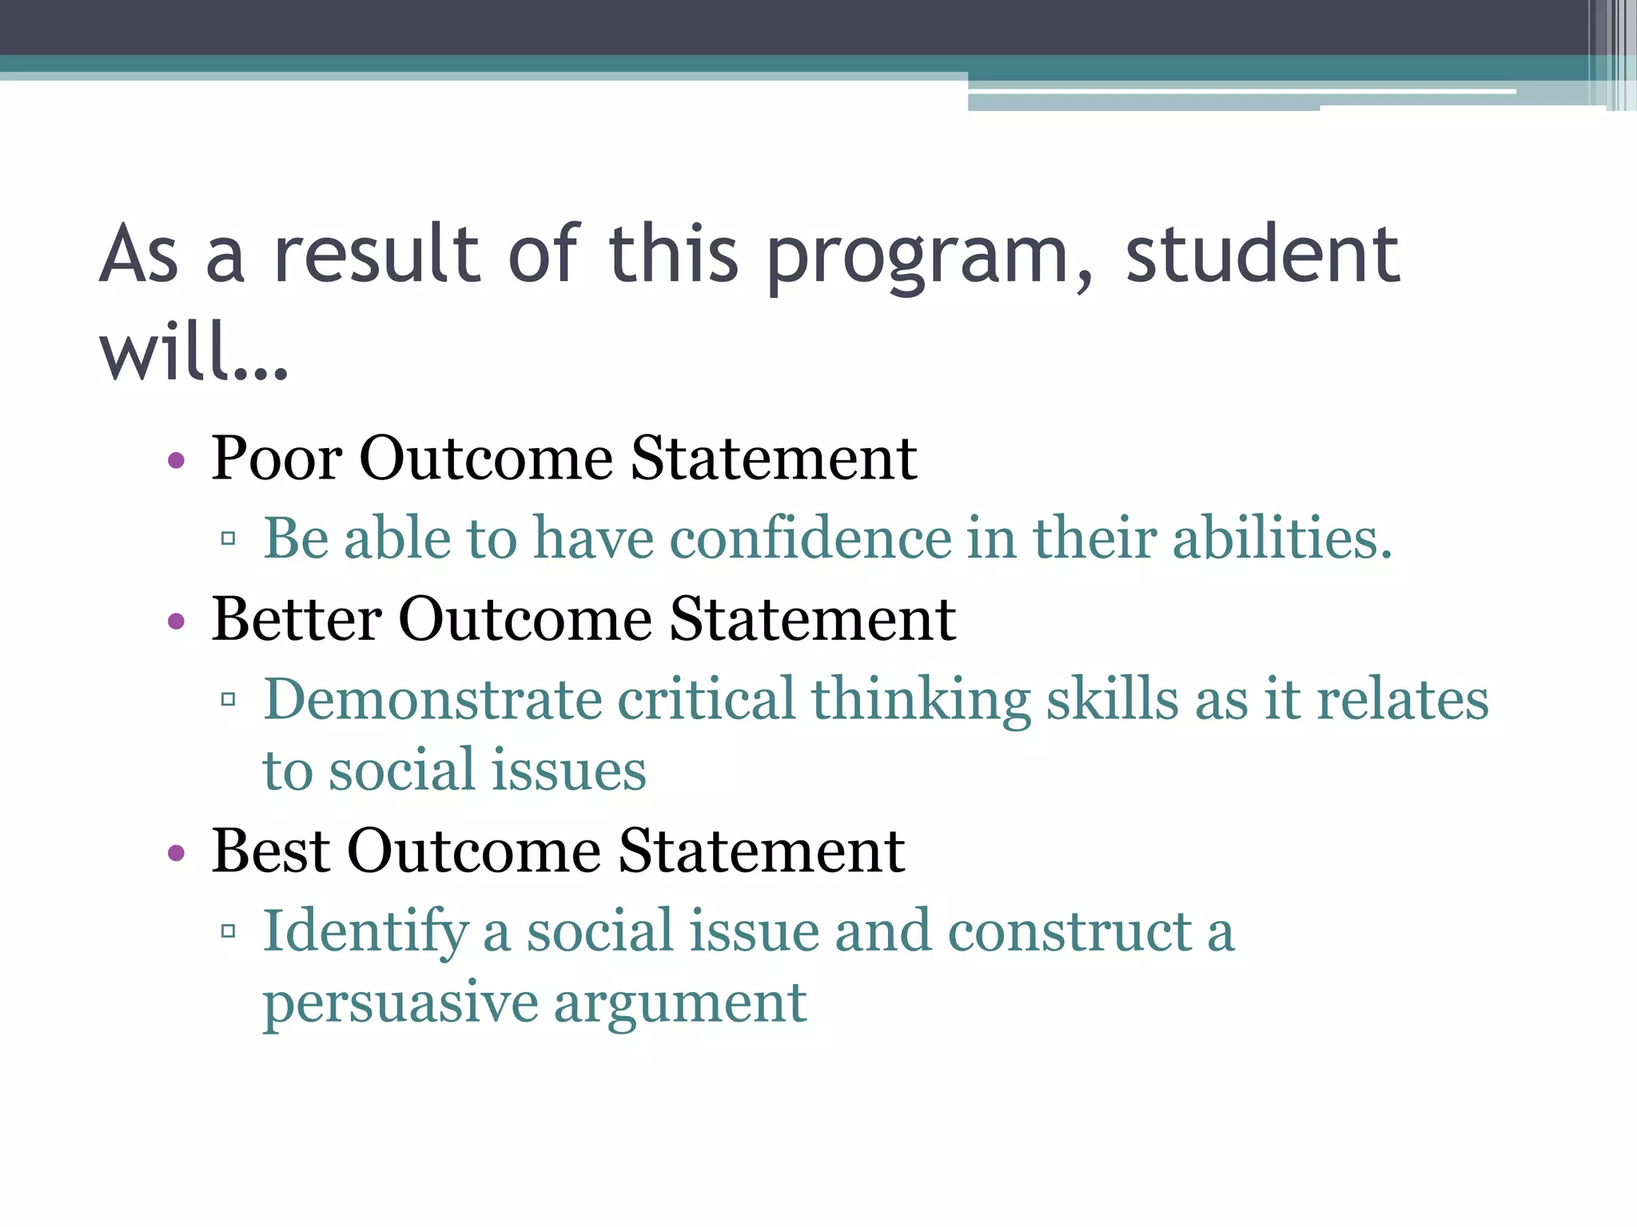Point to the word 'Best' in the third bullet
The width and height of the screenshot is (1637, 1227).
point(270,851)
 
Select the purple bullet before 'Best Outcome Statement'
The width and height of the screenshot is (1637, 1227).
point(177,852)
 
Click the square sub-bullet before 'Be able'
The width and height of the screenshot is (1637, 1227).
point(229,538)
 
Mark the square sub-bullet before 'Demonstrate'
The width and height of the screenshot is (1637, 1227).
point(229,700)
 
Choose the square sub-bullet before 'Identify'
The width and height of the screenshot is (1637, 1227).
point(229,931)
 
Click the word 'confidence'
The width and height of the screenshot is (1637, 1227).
point(810,538)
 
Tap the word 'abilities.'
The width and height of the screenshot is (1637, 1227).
point(1282,538)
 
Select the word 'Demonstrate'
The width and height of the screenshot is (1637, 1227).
point(432,699)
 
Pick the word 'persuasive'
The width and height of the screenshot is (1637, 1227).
point(400,1003)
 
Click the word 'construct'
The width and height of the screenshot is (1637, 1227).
point(1070,931)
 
